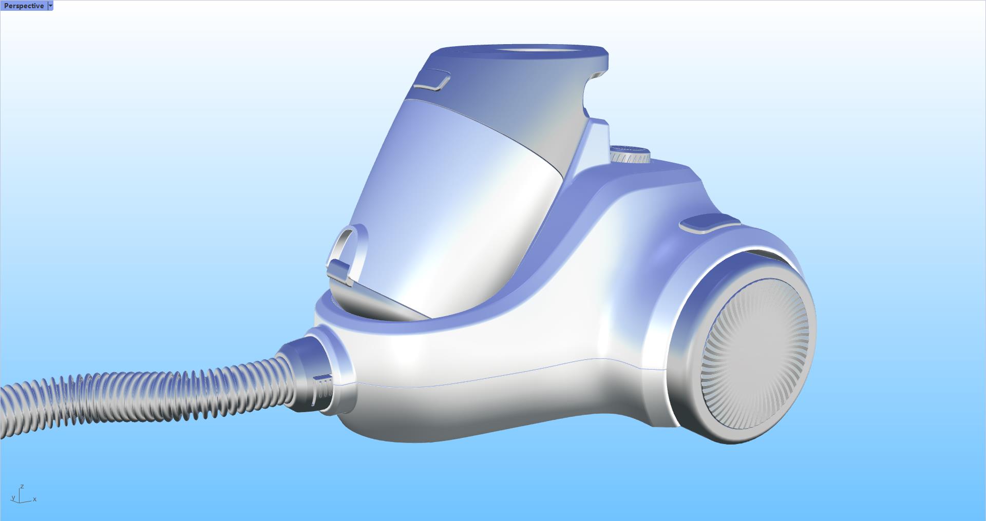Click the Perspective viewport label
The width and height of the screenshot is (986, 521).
(24, 6)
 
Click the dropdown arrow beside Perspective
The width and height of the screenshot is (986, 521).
(50, 6)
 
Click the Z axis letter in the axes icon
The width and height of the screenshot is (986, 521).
(22, 486)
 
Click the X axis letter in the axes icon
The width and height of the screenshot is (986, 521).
(35, 499)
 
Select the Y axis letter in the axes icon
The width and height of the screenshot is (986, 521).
(13, 498)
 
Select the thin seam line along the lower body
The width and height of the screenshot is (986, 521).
(514, 372)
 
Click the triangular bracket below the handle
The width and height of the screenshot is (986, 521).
(596, 141)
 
